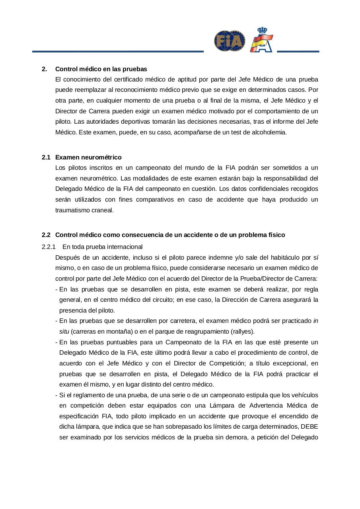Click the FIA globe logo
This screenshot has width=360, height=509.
coord(230,41)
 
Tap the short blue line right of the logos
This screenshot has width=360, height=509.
coord(298,51)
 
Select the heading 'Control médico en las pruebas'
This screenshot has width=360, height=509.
coord(101,69)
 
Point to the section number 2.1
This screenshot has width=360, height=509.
coord(46,157)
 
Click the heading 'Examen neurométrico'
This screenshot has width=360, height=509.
coord(88,157)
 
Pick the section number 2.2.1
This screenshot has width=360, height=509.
coord(49,246)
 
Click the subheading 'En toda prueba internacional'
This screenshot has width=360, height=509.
coord(102,246)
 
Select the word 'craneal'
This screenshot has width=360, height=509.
coord(104,210)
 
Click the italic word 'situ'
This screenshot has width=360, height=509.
coord(64,331)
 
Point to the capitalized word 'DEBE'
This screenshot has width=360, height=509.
coord(309,427)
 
